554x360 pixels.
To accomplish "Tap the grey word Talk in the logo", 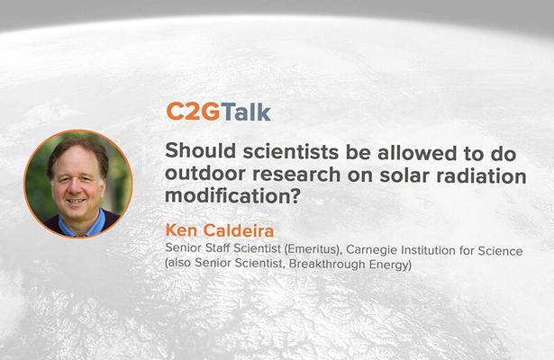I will pos(241,112).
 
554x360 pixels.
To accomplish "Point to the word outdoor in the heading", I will pos(202,176).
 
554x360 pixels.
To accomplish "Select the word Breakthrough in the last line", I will pos(295,265).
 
